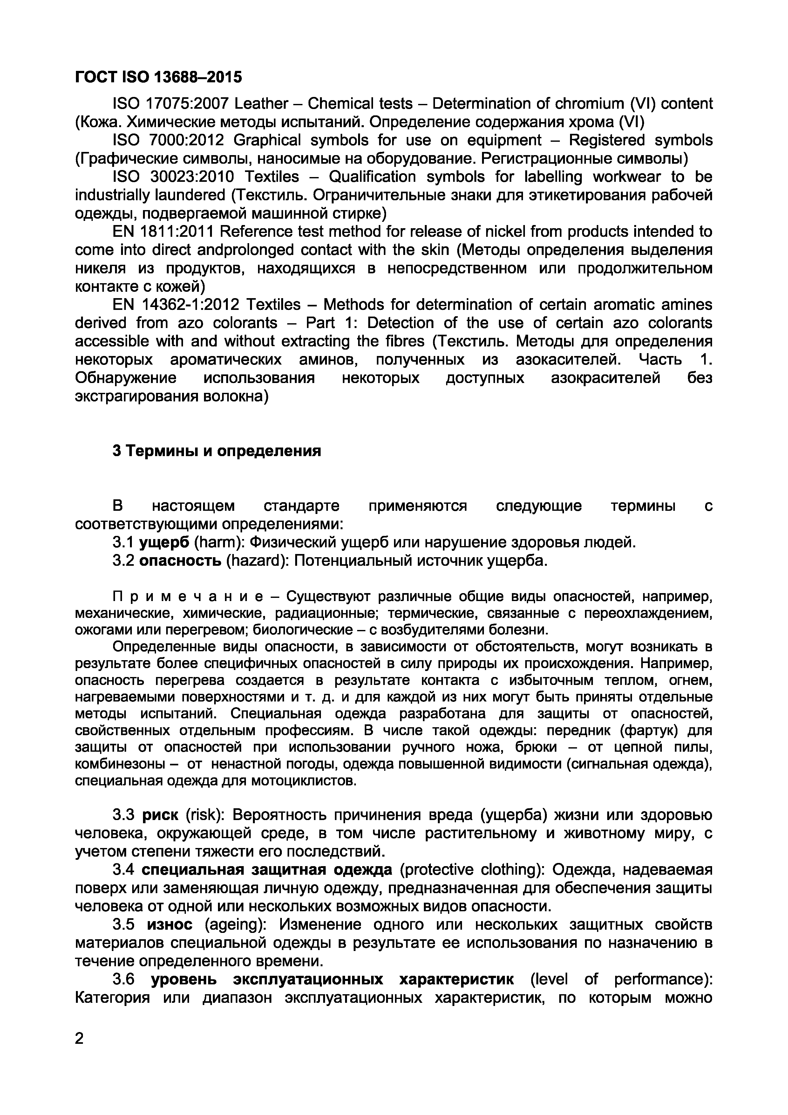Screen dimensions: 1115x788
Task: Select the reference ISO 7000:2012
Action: click(168, 140)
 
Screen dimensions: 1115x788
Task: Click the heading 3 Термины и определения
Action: click(217, 451)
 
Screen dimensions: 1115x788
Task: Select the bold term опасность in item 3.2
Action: click(180, 561)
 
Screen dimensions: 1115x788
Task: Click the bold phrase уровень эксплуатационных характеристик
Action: click(333, 980)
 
